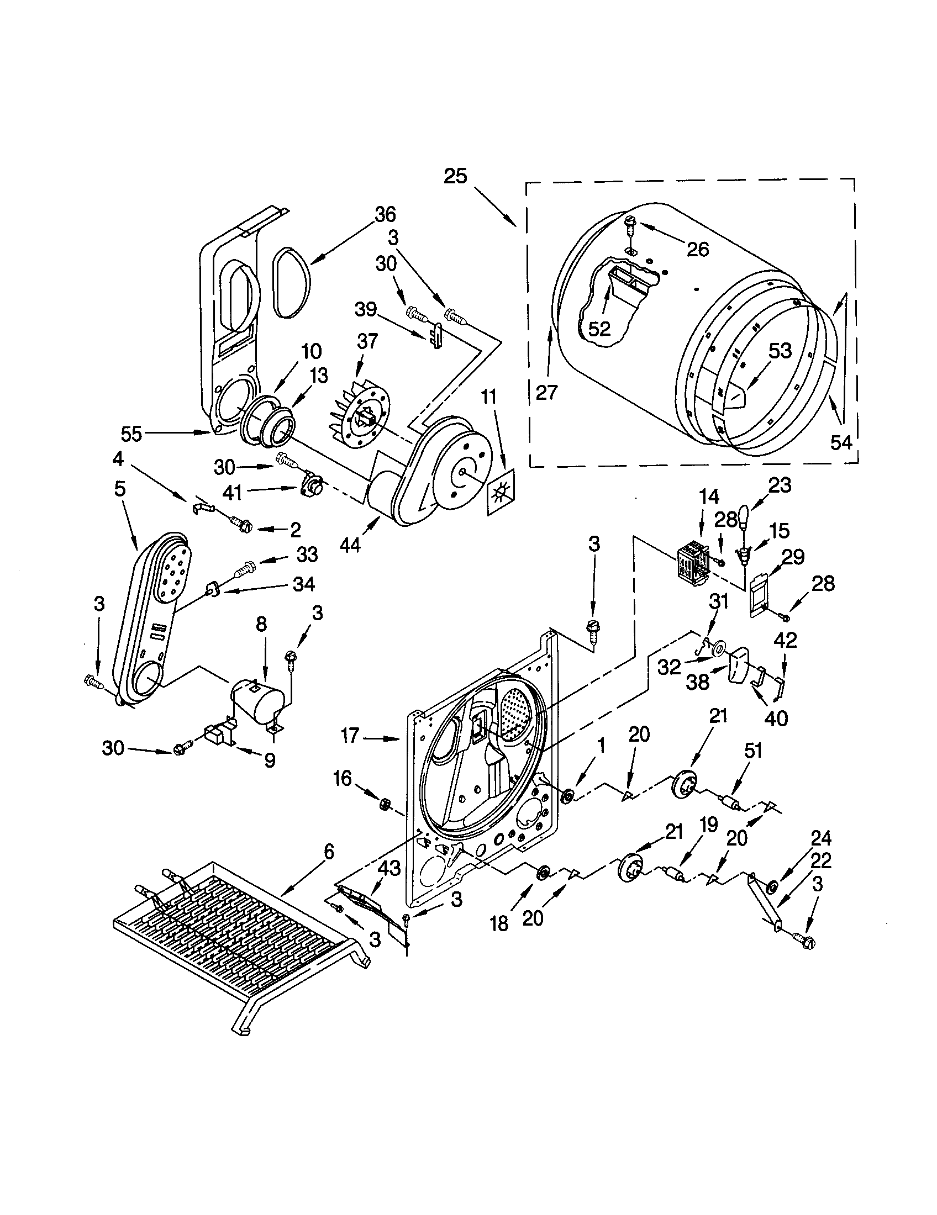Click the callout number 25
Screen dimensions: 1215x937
[x=455, y=177]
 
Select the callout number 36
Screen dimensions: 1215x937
[x=385, y=215]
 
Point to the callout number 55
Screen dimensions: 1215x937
[x=132, y=434]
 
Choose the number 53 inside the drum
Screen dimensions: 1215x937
[x=780, y=352]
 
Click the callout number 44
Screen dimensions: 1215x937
[x=350, y=546]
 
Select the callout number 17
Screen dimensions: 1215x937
[x=350, y=736]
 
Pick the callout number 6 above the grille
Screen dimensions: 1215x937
[x=329, y=852]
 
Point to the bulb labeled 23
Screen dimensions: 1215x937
[x=745, y=517]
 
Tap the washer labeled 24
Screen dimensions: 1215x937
[x=771, y=887]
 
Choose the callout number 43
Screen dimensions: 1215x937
[x=389, y=868]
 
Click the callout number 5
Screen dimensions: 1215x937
[x=120, y=489]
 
